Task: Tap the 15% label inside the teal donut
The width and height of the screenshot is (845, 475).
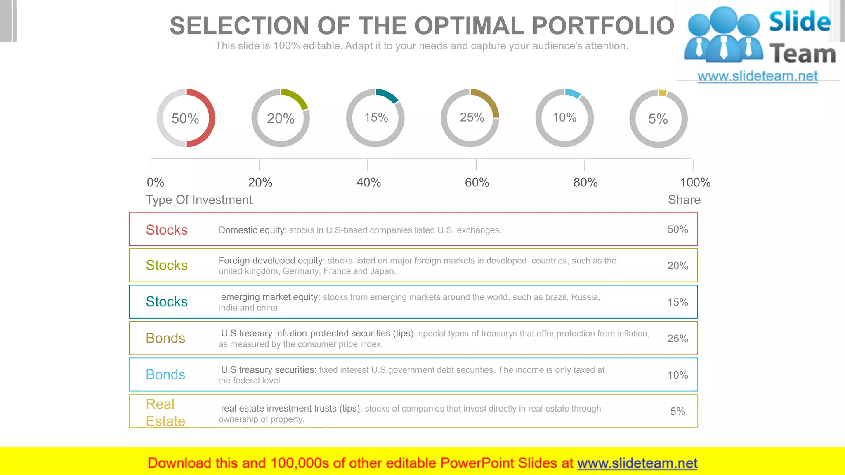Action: (376, 118)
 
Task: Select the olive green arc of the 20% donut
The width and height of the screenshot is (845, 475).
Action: (298, 97)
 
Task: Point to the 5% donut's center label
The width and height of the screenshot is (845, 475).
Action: (658, 119)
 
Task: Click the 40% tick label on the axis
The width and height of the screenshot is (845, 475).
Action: (368, 182)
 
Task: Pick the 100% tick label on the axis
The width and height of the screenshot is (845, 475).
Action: (695, 182)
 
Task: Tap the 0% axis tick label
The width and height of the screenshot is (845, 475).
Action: (155, 182)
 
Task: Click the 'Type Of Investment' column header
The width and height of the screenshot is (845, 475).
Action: (199, 200)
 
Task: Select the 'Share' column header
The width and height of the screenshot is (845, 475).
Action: (684, 200)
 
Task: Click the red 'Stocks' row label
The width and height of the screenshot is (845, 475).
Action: (167, 230)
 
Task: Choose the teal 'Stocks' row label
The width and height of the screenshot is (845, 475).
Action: (167, 302)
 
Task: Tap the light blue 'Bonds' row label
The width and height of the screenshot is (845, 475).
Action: (165, 374)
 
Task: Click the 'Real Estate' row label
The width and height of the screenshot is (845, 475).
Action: (165, 412)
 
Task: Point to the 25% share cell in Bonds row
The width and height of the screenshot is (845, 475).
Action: (677, 339)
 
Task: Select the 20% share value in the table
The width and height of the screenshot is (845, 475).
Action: (677, 266)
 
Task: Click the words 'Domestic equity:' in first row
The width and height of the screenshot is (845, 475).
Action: (253, 230)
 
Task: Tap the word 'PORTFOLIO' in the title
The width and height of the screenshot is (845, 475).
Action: (603, 26)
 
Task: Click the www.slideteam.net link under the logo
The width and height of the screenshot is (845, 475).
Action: (758, 76)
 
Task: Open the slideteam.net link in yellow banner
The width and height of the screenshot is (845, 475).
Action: (637, 463)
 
